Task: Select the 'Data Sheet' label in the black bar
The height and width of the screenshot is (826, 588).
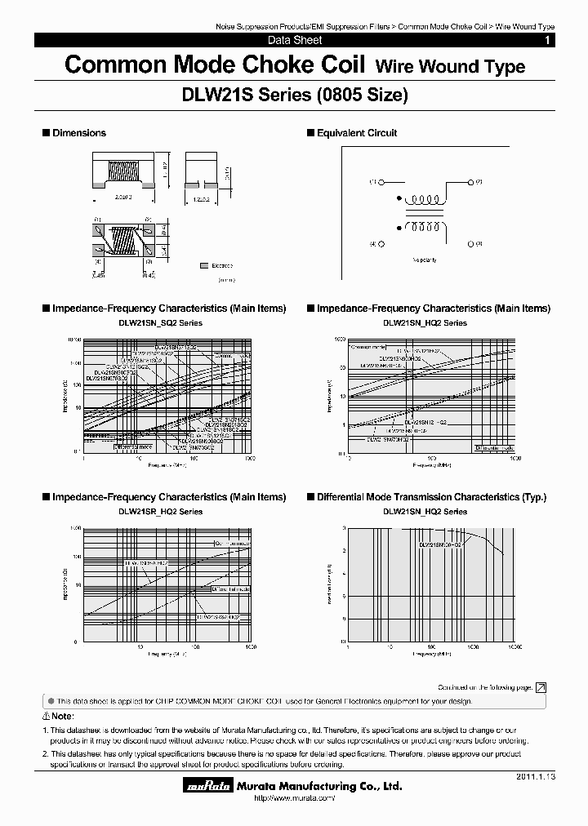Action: [x=295, y=40]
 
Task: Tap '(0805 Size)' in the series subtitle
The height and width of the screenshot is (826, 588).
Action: [x=361, y=95]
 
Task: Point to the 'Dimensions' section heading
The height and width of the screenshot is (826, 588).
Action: [x=79, y=133]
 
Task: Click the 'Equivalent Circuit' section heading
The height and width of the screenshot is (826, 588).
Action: [x=357, y=133]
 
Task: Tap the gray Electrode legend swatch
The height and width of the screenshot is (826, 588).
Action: [x=203, y=266]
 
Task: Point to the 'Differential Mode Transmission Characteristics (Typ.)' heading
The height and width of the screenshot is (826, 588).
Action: [x=431, y=497]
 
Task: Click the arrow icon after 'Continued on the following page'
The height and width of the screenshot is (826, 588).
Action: [x=541, y=688]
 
